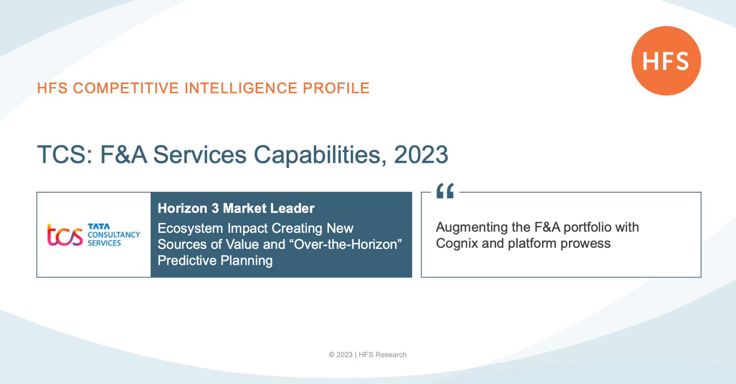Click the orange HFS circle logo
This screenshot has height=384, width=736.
pyautogui.click(x=666, y=60)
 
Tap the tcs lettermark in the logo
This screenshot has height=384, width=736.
pyautogui.click(x=65, y=234)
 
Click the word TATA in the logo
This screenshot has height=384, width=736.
pyautogui.click(x=99, y=226)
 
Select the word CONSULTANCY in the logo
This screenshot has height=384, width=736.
pyautogui.click(x=114, y=235)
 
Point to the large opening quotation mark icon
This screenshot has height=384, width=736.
pyautogui.click(x=445, y=191)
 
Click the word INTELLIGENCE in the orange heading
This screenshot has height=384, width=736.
pyautogui.click(x=241, y=88)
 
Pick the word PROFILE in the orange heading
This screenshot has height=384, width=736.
pyautogui.click(x=336, y=88)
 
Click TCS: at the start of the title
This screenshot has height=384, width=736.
pyautogui.click(x=65, y=155)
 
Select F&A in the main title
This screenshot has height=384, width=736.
pyautogui.click(x=124, y=155)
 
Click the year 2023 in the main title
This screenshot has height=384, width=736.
pyautogui.click(x=421, y=155)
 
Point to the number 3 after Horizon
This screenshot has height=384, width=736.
pyautogui.click(x=215, y=208)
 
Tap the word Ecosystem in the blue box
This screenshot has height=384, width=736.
pyautogui.click(x=191, y=228)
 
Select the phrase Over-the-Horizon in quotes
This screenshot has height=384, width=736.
pyautogui.click(x=348, y=244)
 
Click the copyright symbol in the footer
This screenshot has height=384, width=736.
pyautogui.click(x=332, y=355)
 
